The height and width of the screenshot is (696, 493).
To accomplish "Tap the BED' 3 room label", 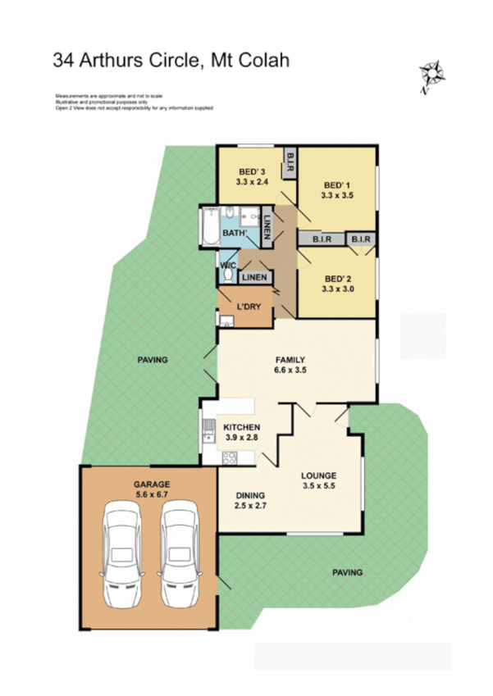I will click(x=244, y=173).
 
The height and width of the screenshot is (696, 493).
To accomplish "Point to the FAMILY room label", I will click(x=290, y=359).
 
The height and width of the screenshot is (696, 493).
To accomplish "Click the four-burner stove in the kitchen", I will click(x=231, y=457).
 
